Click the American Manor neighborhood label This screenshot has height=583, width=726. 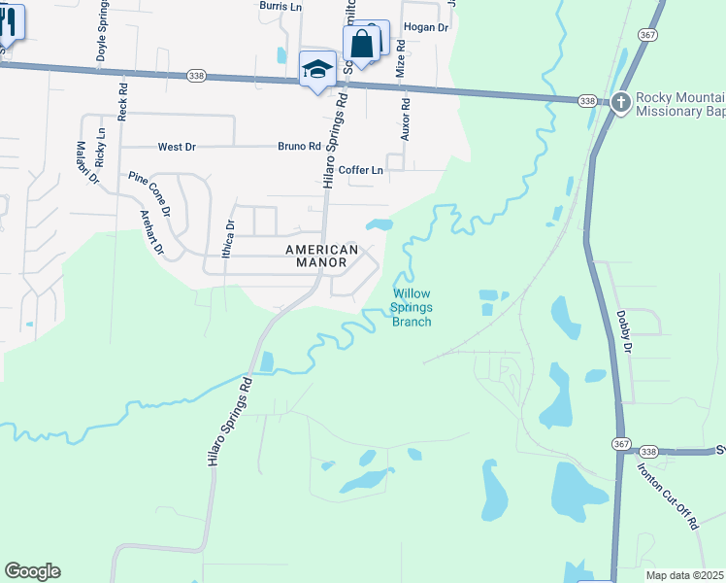click(x=321, y=257)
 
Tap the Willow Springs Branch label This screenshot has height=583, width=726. click(x=411, y=308)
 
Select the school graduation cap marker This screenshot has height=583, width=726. click(x=316, y=69)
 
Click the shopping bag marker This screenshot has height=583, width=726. click(x=361, y=44)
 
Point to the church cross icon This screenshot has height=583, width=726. click(x=621, y=101)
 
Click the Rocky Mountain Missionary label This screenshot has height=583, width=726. click(x=679, y=104)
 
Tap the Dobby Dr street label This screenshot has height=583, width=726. click(x=623, y=331)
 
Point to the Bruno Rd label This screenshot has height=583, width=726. click(x=299, y=147)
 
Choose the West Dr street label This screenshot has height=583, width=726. click(x=177, y=147)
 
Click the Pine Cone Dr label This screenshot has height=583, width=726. click(x=149, y=194)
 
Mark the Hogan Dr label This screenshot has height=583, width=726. click(x=425, y=28)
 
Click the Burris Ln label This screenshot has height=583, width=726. click(x=281, y=6)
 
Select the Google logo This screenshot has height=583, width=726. click(x=32, y=571)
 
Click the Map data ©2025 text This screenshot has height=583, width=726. click(x=683, y=575)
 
